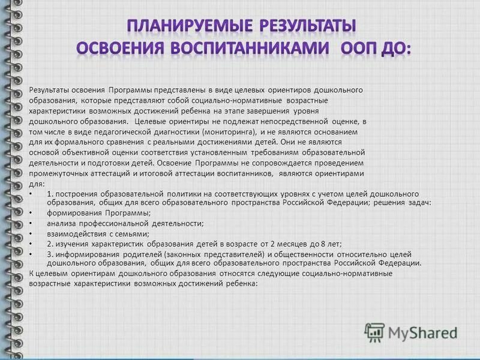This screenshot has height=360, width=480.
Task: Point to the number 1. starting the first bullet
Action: (50, 194)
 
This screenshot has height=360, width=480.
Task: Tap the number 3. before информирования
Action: (50, 254)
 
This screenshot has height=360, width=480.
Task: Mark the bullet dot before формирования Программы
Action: (31, 213)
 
